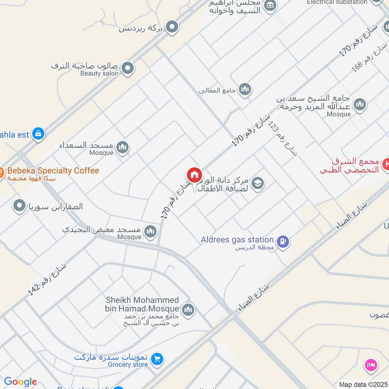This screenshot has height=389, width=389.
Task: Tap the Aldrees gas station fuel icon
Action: tap(283, 241)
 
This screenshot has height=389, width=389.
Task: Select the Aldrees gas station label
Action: tap(237, 239)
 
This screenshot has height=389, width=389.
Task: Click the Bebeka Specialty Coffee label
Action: tap(53, 171)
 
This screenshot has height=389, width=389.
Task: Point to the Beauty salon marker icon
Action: tap(127, 69)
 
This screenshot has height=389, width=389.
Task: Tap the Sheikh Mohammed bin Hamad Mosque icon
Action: tap(188, 309)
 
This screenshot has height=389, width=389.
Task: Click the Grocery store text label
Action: tap(127, 365)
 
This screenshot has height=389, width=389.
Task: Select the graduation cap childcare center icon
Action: tap(258, 183)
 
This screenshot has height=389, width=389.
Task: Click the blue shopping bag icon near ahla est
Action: tap(38, 133)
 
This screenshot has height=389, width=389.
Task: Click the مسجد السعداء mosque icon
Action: tap(123, 147)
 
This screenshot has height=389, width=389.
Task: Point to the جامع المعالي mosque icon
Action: tap(245, 89)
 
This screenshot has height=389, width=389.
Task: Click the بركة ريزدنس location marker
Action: tap(172, 28)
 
